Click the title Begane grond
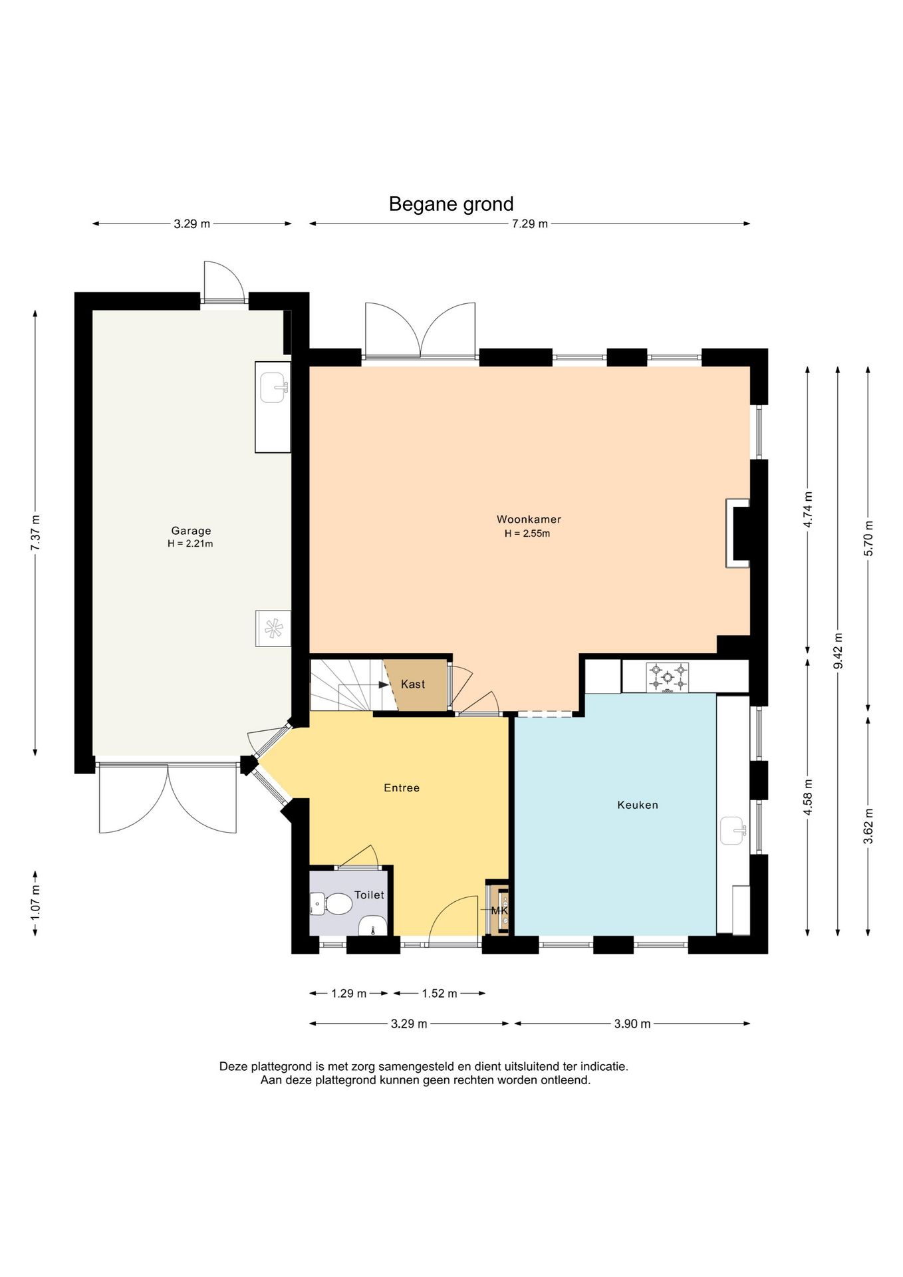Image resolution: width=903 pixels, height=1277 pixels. (x=451, y=204)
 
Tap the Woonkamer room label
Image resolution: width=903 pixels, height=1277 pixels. (x=529, y=519)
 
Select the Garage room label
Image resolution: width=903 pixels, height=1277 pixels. (x=191, y=531)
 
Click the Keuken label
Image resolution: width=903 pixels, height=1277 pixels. (x=638, y=805)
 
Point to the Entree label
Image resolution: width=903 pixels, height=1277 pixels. (x=402, y=788)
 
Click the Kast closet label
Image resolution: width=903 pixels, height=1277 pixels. (x=413, y=684)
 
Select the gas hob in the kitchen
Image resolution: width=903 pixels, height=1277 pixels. (x=668, y=677)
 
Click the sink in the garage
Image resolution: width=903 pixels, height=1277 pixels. (x=273, y=388)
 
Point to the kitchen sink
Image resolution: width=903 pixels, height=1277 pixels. (x=733, y=830)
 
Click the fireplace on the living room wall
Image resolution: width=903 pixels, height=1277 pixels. (x=738, y=533)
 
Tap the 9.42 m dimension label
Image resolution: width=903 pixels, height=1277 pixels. (x=838, y=651)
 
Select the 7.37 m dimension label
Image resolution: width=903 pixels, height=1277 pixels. (x=35, y=533)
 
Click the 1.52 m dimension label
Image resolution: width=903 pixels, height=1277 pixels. (x=440, y=994)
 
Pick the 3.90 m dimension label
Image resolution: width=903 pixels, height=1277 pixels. (x=632, y=1024)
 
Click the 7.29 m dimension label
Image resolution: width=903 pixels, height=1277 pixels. (x=530, y=224)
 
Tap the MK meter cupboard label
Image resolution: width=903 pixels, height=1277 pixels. (x=499, y=911)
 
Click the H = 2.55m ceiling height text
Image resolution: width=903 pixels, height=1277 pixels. (x=527, y=533)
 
